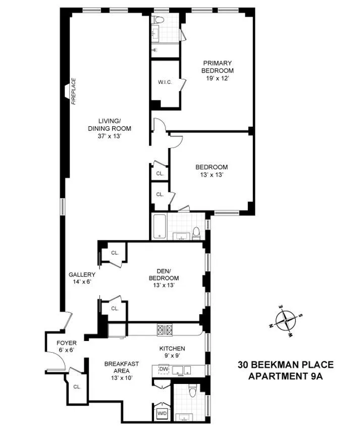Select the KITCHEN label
point(172,349)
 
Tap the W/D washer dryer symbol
point(162,412)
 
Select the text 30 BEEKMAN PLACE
point(286,365)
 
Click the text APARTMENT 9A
point(286,376)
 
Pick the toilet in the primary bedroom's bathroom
point(159,21)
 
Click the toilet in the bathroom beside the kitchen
point(192,392)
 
